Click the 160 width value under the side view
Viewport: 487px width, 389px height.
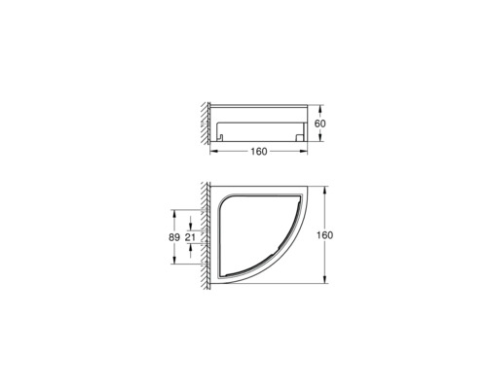[x=258, y=152]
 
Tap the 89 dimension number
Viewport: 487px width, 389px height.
[x=174, y=235]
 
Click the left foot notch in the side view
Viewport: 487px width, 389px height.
[x=221, y=135]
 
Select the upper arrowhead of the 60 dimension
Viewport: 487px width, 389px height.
[x=311, y=104]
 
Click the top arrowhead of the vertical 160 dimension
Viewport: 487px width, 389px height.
[x=318, y=185]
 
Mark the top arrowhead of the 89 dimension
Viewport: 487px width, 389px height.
[x=174, y=210]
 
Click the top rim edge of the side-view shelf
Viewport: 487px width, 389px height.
[x=258, y=104]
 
